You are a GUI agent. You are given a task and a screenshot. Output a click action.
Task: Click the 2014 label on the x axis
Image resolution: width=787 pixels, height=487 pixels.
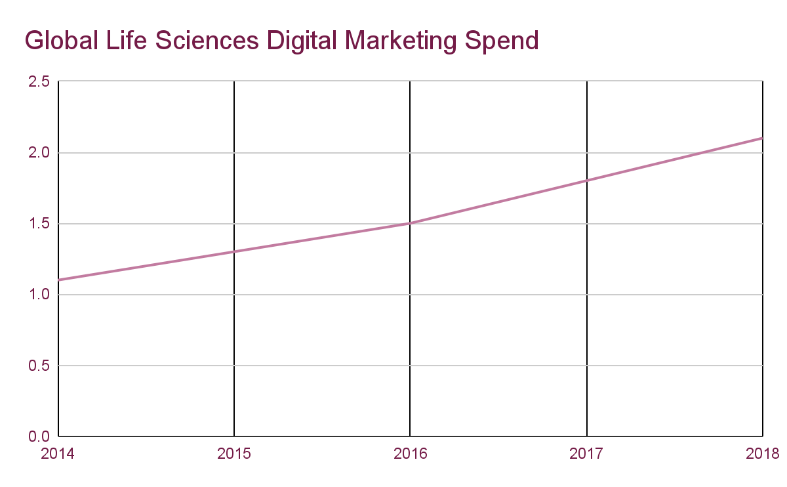click(x=58, y=454)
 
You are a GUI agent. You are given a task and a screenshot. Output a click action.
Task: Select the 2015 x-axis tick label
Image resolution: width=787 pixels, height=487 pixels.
click(x=234, y=454)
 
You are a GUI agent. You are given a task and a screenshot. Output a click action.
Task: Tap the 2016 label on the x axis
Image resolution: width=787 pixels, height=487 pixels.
click(x=410, y=454)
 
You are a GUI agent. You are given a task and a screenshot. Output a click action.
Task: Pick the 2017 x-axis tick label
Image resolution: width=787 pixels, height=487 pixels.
click(x=586, y=454)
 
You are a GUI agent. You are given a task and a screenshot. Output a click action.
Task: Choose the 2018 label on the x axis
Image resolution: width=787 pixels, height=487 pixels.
click(x=762, y=454)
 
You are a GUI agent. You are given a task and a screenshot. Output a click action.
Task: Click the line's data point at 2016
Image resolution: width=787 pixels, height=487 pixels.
click(x=410, y=223)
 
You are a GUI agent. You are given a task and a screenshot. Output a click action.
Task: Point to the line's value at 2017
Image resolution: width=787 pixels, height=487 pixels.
click(x=586, y=180)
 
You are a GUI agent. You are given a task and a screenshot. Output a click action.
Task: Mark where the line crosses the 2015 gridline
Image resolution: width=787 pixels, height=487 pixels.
click(x=234, y=251)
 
